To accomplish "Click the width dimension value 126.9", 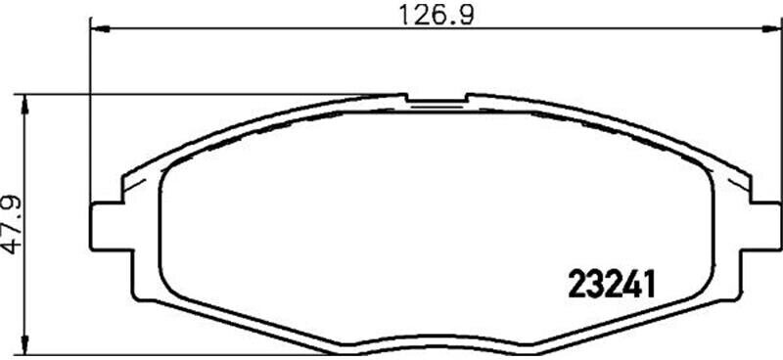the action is pyautogui.click(x=435, y=15).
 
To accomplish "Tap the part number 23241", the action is pyautogui.click(x=611, y=284).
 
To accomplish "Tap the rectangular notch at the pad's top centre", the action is pyautogui.click(x=437, y=99).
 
